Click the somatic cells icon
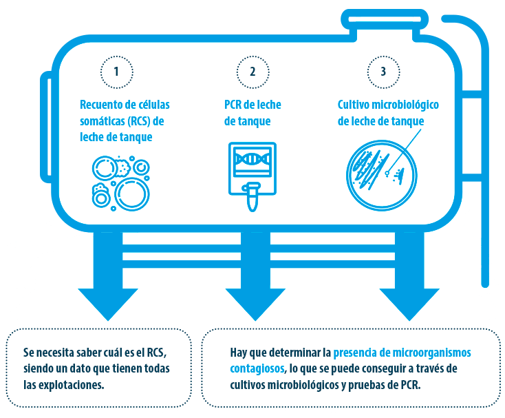point(121,183)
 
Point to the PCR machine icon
point(252,176)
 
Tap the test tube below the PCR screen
point(252,196)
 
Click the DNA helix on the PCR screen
point(252,158)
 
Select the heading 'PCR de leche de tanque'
point(252,113)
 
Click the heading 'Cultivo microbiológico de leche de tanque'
point(388,113)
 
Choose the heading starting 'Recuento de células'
point(125,121)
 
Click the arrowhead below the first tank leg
point(108,304)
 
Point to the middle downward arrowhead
point(255,304)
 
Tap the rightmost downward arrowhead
point(409,304)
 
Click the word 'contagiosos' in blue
point(257,368)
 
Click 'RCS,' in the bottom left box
point(157,353)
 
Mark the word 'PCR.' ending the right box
point(411,385)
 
